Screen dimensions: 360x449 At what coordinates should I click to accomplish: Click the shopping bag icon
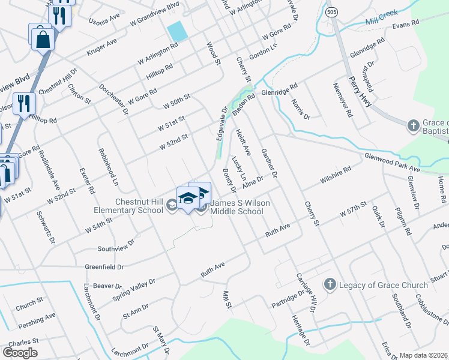[43, 39]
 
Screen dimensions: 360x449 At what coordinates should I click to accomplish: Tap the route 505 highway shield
[331, 11]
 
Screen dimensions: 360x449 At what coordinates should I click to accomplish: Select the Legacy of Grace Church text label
[375, 284]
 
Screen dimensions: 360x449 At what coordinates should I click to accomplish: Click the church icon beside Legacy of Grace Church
[330, 284]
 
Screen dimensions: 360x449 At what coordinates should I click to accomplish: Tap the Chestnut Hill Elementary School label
[128, 206]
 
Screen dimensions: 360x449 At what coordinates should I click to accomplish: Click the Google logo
[20, 353]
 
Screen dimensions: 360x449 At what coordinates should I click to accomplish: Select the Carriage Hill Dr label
[305, 293]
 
